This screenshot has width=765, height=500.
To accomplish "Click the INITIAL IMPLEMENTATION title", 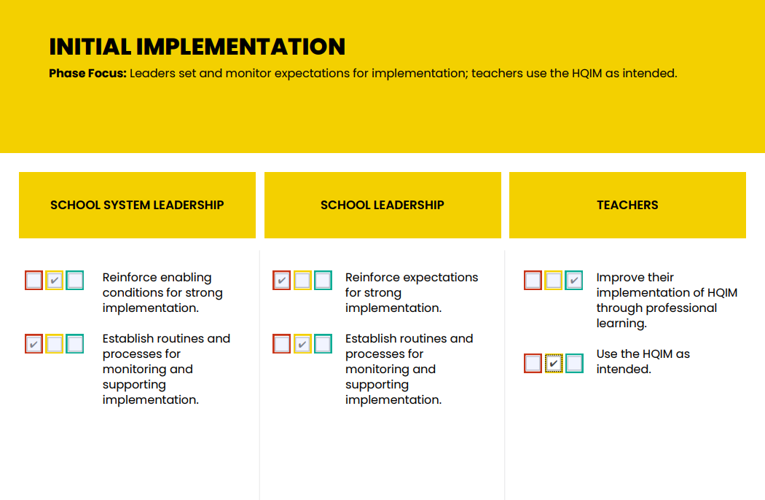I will (x=197, y=47).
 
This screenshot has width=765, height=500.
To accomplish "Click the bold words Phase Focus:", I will (x=87, y=74).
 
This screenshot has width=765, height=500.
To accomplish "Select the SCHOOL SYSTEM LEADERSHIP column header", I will (x=137, y=205).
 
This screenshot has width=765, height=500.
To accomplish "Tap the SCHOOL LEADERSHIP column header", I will (x=382, y=205).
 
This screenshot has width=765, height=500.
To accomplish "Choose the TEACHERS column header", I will (x=627, y=205).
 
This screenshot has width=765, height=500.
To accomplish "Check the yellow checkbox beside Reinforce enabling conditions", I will (x=55, y=281).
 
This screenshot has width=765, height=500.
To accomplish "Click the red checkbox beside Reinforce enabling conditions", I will (x=34, y=281).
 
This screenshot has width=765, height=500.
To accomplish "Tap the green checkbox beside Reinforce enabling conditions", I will (x=75, y=281).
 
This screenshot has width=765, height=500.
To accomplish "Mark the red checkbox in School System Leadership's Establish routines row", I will (x=34, y=344).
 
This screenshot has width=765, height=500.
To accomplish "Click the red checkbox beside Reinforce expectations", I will (x=282, y=281).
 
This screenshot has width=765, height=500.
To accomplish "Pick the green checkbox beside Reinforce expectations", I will (x=323, y=281).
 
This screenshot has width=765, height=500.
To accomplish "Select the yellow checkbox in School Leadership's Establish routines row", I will (x=302, y=344).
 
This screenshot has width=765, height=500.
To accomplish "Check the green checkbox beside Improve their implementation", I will (x=574, y=281).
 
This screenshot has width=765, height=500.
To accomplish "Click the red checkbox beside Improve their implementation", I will (x=533, y=281).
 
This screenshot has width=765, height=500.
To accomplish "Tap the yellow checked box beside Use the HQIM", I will (x=554, y=363).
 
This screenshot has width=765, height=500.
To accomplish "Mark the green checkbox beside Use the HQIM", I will (x=574, y=363).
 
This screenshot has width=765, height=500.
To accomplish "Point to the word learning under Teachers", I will (x=621, y=323).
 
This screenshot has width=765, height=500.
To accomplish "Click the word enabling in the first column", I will (x=186, y=277).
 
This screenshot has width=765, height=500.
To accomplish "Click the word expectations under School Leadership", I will (x=442, y=277).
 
